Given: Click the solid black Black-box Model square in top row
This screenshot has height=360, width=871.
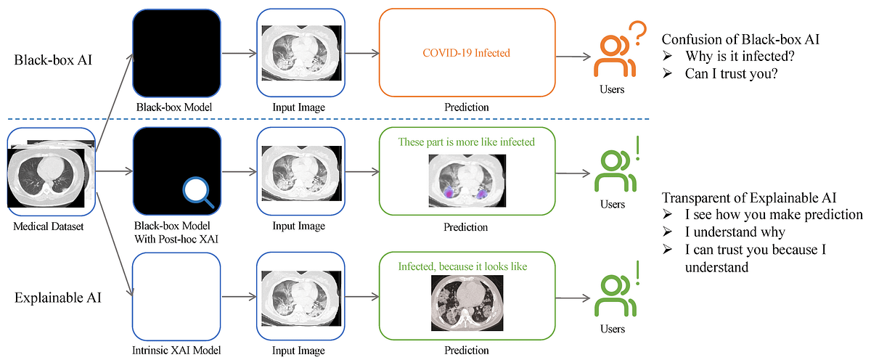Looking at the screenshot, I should pos(176,54).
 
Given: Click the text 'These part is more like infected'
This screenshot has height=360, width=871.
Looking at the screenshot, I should pos(466,142).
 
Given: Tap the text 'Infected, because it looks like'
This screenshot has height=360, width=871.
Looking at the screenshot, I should pos(462,266).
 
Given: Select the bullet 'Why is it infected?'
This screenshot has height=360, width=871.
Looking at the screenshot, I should pos(734,55).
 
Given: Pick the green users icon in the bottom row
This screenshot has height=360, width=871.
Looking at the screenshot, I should pos(611,295).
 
